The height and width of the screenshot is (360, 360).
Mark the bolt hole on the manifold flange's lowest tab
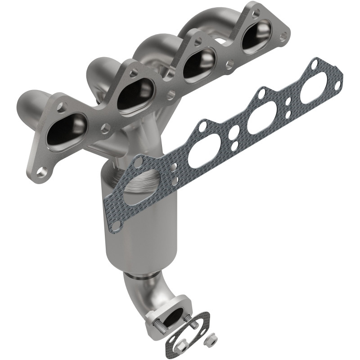coord(42,171)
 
